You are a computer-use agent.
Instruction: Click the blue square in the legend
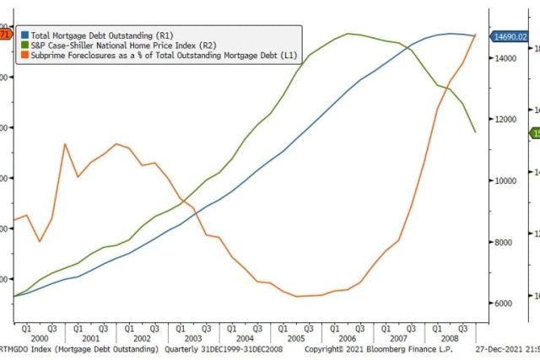coord(25,35)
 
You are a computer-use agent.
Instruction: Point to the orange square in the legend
coord(25,56)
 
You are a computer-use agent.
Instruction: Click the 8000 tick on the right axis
coord(504,242)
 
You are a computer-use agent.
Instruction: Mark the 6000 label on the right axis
coord(504,303)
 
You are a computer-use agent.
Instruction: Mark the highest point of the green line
coord(348,34)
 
